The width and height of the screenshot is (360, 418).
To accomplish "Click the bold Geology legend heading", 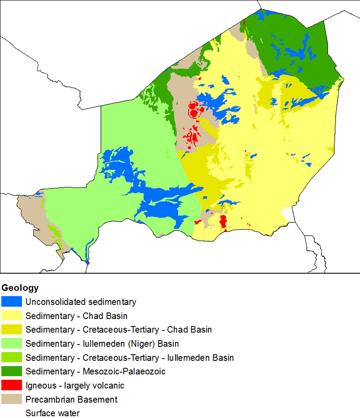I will point(20,288).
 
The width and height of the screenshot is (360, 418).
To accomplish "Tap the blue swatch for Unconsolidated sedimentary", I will point(11,302).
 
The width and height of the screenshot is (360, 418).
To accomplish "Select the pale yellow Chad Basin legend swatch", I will point(11,316).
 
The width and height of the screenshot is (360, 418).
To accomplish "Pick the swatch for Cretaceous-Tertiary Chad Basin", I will point(11,330).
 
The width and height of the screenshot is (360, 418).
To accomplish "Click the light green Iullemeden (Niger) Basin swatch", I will point(11,344).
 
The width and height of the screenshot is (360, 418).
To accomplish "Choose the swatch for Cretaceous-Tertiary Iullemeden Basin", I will point(11,358).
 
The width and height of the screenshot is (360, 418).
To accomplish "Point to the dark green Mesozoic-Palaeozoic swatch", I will point(11,372).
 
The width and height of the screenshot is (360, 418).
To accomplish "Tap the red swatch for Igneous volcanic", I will point(11,386).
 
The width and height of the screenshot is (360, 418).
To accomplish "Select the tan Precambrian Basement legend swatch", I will point(11,400).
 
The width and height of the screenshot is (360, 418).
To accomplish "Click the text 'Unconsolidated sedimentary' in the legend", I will point(81,302).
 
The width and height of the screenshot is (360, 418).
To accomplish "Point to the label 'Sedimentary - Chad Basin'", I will point(76,316).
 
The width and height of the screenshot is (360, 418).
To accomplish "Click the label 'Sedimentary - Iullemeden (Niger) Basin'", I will point(102,344).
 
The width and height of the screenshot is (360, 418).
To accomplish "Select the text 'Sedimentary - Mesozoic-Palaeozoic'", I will point(95,372).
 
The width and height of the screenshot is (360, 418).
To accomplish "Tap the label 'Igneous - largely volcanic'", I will point(75,386).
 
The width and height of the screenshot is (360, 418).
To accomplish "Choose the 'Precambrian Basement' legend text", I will point(72,400).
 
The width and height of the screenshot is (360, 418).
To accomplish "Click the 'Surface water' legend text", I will point(53,413).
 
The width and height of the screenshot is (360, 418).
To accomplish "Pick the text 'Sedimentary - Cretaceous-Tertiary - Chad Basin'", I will point(119,330).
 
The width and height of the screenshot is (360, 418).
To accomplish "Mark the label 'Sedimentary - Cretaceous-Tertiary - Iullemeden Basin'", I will point(130,358).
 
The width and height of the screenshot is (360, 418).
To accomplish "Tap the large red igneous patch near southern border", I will point(222,221).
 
